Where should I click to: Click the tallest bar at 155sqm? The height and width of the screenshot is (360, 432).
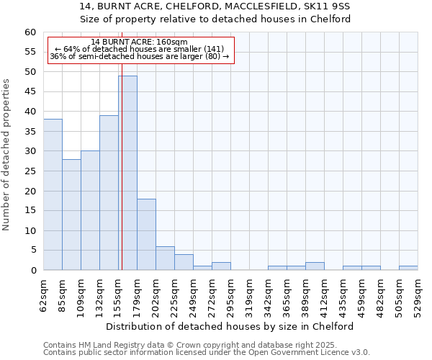coord(127,173)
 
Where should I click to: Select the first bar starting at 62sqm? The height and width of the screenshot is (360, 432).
coord(53,194)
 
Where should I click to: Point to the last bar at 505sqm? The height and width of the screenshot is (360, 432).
coord(408,268)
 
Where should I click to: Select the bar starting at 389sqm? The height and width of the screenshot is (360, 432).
coord(315,266)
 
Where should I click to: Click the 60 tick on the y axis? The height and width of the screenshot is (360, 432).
coord(30,32)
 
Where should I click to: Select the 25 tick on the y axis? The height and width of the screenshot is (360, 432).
coord(30,171)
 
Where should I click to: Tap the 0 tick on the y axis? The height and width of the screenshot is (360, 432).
coord(32,271)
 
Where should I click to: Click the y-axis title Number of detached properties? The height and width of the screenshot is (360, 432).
coord(7,155)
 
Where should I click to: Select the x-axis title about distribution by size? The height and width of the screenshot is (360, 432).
coord(234,326)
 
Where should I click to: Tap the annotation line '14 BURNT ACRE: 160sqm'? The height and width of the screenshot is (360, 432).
coord(140,42)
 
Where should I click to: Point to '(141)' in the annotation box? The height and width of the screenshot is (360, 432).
coord(213,49)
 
